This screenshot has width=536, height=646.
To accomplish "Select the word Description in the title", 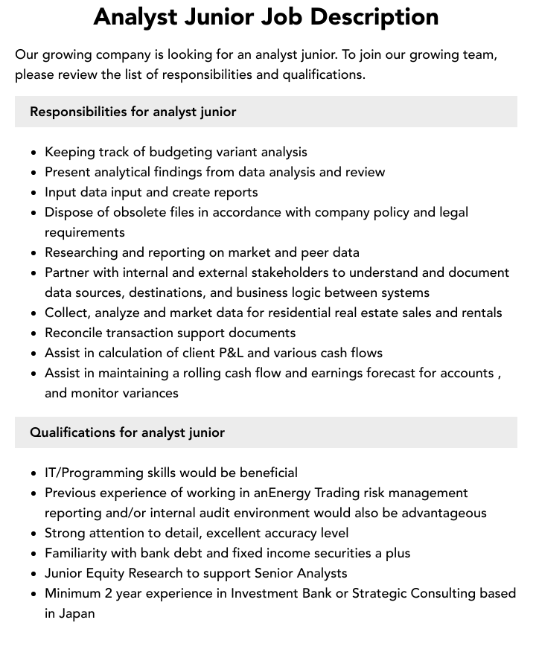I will [380, 16].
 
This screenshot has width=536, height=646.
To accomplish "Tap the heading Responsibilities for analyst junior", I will [133, 112].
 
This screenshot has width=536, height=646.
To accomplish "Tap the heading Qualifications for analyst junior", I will [127, 432].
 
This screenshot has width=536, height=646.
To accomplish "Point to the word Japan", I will [77, 613].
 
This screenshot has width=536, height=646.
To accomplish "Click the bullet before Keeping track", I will [34, 153].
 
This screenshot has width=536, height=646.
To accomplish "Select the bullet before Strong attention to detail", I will [34, 534].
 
